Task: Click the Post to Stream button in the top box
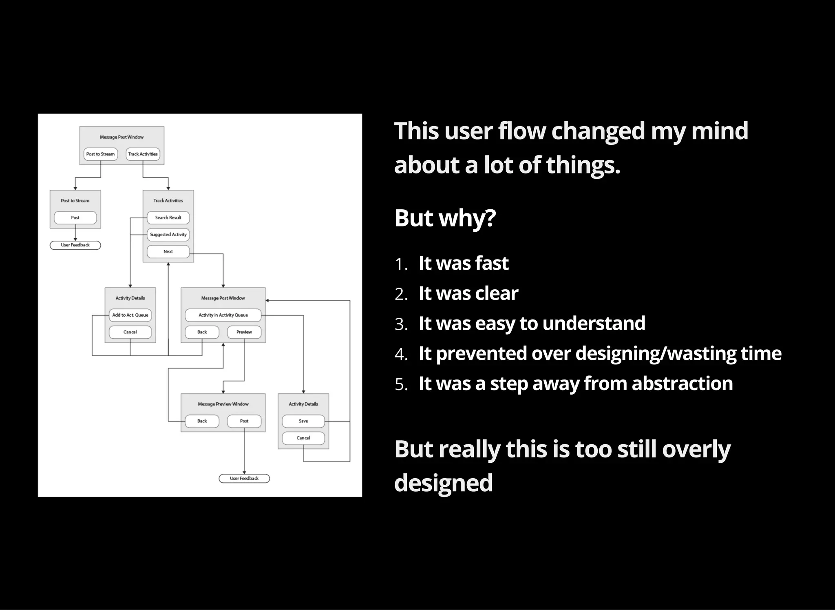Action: click(100, 154)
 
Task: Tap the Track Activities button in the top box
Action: click(143, 154)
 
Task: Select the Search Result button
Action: click(168, 218)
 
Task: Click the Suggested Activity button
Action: click(168, 235)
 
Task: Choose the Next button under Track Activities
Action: click(168, 252)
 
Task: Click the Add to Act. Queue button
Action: click(130, 315)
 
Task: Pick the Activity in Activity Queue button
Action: click(223, 315)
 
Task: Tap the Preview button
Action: click(244, 332)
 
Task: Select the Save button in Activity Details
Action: click(303, 421)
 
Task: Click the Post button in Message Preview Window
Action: click(244, 421)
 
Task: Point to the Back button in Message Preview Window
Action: click(202, 421)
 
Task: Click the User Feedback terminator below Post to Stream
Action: click(75, 245)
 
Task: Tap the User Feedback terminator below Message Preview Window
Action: click(244, 479)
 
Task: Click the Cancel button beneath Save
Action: click(303, 438)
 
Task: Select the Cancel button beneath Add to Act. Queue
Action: click(130, 332)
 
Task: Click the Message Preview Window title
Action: click(223, 404)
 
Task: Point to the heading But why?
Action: click(445, 218)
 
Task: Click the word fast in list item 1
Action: click(491, 263)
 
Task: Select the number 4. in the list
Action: click(401, 354)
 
